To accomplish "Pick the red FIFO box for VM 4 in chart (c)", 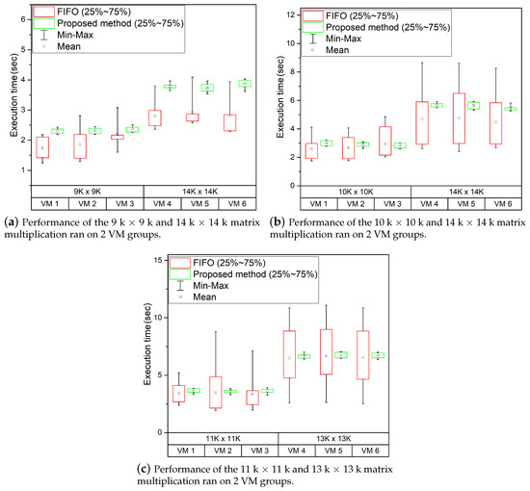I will (288, 358).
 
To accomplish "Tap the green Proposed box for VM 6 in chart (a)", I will (245, 84).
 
